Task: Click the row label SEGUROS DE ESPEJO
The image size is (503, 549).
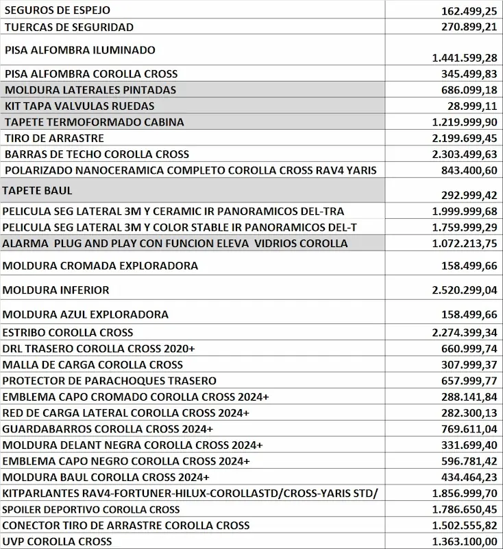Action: click(x=57, y=11)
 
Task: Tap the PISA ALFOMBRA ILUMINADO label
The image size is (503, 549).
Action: click(x=79, y=50)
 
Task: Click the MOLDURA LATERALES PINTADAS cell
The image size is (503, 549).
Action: click(x=90, y=90)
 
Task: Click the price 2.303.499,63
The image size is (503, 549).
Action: click(x=465, y=154)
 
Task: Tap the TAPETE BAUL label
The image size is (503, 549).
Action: click(x=38, y=190)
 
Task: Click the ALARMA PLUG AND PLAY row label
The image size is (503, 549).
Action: click(x=175, y=244)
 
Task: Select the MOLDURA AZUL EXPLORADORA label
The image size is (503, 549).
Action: click(x=86, y=315)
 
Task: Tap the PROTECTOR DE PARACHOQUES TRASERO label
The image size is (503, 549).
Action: click(x=110, y=380)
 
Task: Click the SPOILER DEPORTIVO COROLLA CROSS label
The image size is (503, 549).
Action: click(x=91, y=510)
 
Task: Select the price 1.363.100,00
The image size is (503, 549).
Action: click(x=465, y=542)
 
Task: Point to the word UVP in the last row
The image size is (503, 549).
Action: click(x=14, y=542)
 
